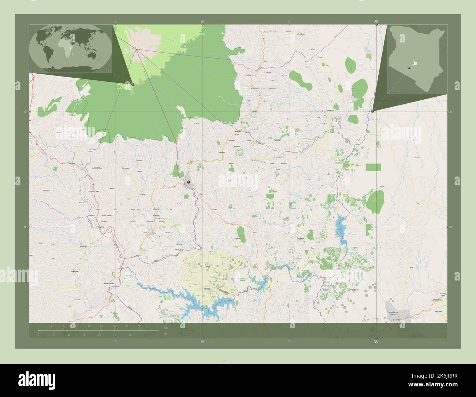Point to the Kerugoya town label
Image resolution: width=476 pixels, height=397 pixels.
point(126,168)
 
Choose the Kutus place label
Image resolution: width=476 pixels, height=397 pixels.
point(143,195)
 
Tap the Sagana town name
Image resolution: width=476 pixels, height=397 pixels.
point(100,227)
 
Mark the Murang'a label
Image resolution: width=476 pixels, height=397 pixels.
point(84,247)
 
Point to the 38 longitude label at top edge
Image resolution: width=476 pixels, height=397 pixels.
point(376,22)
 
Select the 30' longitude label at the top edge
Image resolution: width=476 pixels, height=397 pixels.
point(202,22)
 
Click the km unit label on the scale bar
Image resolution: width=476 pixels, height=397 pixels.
point(166,327)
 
